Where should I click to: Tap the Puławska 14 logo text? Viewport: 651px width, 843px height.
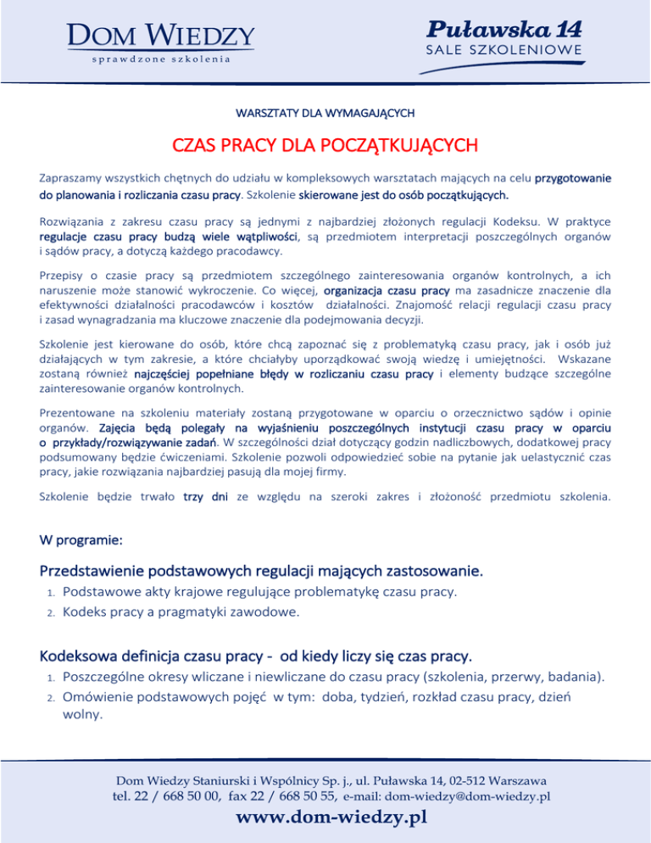pos(504,29)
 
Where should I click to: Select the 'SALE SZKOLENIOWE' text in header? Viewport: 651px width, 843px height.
pos(504,50)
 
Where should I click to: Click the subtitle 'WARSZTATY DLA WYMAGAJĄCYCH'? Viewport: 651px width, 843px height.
pos(325,112)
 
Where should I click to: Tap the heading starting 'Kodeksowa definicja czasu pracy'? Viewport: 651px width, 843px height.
pos(255,657)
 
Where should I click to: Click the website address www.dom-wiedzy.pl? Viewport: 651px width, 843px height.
pos(331,818)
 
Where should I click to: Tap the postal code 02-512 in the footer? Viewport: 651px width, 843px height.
pos(462,779)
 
